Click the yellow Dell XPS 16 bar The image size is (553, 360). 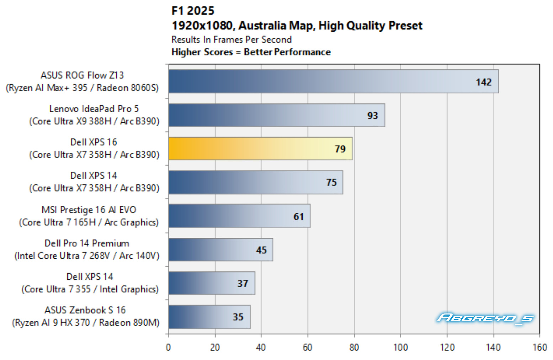click(260, 149)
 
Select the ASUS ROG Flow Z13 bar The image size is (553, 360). click(334, 81)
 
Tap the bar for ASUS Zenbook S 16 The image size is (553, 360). click(209, 317)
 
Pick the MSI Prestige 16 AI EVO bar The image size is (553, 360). click(239, 216)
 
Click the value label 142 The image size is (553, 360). click(484, 82)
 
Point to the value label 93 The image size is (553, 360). click(373, 115)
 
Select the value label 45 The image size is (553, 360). click(261, 250)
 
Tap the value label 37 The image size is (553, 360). click(243, 284)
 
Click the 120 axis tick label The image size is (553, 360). click(447, 348)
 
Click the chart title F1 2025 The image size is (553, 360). click(193, 11)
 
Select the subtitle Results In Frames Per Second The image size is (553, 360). click(232, 39)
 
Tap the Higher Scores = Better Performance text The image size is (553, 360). click(251, 52)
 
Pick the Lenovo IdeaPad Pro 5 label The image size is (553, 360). click(94, 109)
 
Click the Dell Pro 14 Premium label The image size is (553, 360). click(87, 243)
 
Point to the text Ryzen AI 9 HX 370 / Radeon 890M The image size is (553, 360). click(86, 323)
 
